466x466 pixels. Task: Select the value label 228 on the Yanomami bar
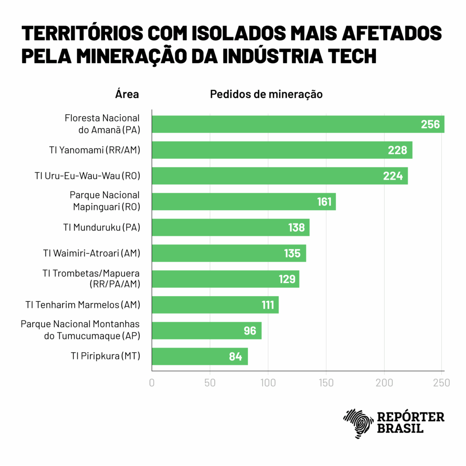(397, 150)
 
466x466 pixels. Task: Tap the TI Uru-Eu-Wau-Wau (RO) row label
(87, 176)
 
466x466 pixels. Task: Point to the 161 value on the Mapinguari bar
(324, 202)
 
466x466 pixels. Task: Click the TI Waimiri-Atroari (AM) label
(91, 253)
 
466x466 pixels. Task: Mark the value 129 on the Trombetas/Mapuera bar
(287, 279)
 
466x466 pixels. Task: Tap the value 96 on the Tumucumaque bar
(250, 331)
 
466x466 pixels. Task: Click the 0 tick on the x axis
(152, 383)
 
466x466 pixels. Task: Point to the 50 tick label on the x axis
(210, 383)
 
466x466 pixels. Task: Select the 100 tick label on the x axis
(268, 383)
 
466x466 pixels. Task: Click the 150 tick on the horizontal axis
(326, 383)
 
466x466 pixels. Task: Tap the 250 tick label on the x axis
(441, 383)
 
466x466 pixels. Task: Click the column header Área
(127, 95)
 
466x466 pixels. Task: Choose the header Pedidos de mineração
(266, 95)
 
